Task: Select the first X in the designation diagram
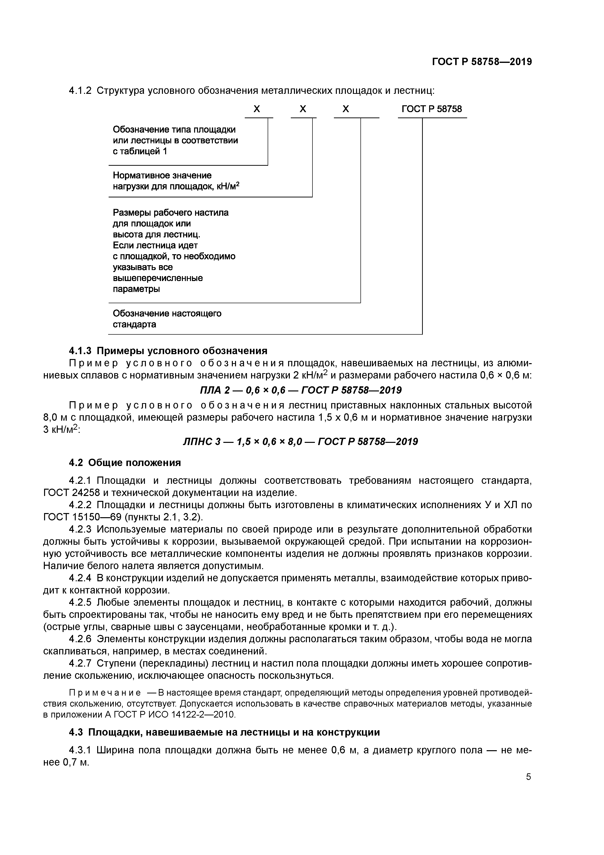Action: click(x=256, y=109)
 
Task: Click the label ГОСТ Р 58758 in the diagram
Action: click(x=432, y=109)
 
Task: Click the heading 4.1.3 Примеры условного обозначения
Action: click(x=168, y=351)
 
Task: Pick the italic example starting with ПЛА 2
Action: click(x=301, y=390)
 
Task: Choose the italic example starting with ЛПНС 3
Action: click(x=301, y=442)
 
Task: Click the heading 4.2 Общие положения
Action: click(x=125, y=463)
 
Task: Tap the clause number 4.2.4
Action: click(x=80, y=578)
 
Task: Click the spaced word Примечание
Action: click(x=105, y=693)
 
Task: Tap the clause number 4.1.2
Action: click(x=80, y=91)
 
